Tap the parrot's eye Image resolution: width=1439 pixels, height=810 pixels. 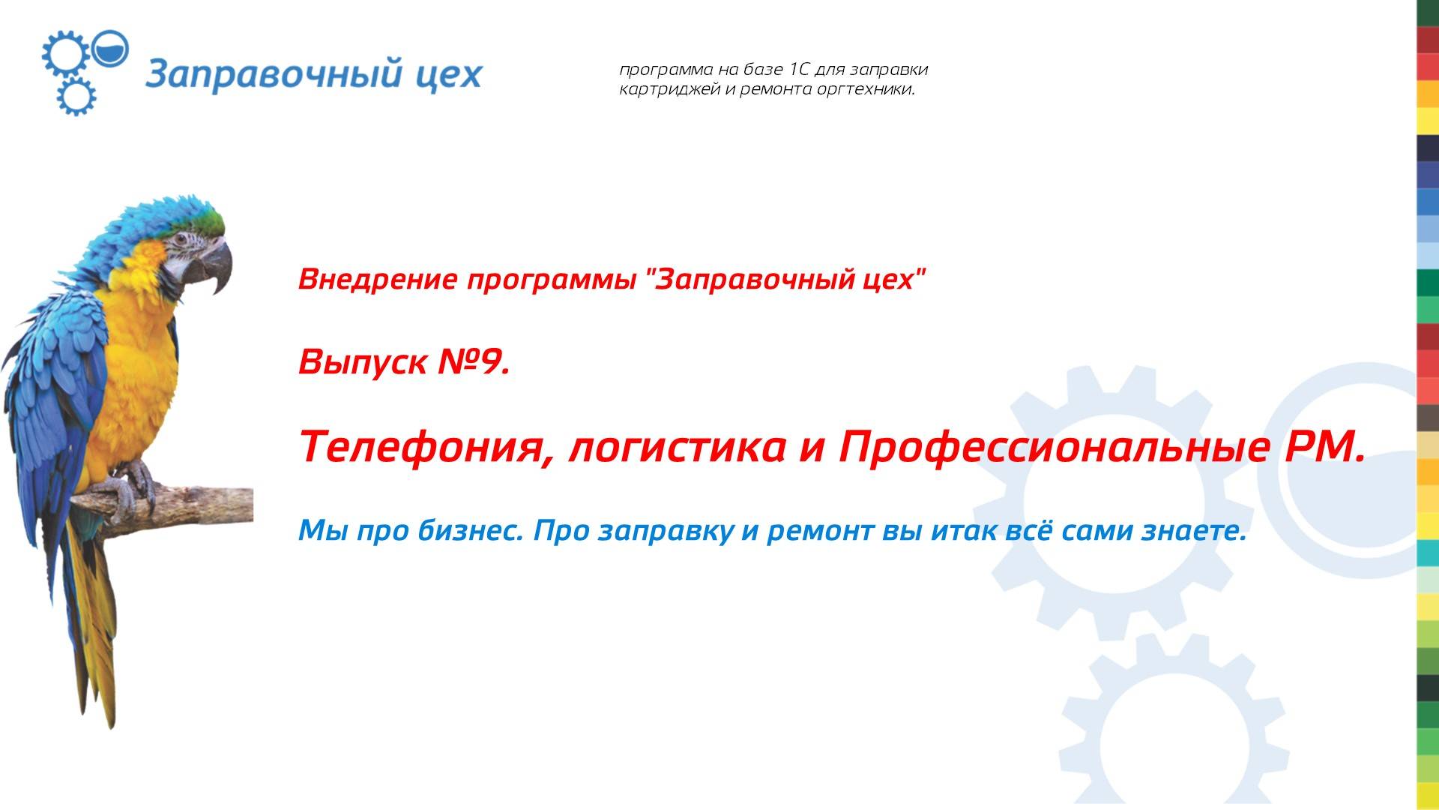(x=181, y=240)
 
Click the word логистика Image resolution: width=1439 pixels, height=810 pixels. (x=677, y=447)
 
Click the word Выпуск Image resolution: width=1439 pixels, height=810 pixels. (x=363, y=363)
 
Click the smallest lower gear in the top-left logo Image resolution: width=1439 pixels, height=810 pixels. (x=76, y=96)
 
